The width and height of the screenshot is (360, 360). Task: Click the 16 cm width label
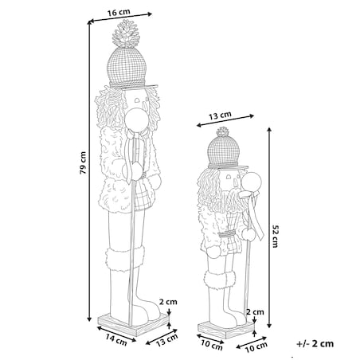[x=119, y=12]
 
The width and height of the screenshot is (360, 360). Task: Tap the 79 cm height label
[x=83, y=162]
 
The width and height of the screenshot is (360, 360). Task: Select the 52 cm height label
[x=275, y=237]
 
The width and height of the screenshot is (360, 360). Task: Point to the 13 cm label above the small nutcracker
[x=220, y=115]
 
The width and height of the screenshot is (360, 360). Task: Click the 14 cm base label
[x=116, y=340]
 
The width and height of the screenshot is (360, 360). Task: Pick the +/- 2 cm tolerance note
[x=315, y=343]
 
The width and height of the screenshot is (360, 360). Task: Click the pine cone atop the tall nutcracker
[x=126, y=33]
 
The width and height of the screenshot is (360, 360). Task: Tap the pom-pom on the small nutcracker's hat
[x=222, y=131]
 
